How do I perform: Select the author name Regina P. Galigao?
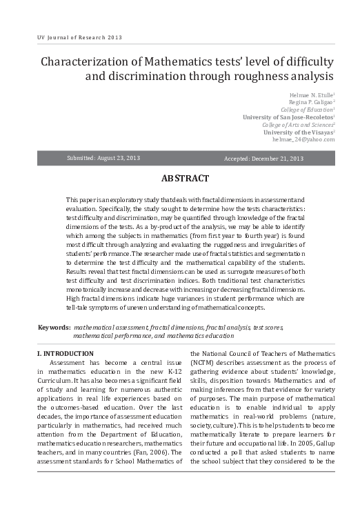[x=310, y=101]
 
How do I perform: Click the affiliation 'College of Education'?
[x=306, y=109]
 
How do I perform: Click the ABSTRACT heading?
[x=185, y=179]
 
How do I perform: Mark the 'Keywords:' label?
[x=54, y=326]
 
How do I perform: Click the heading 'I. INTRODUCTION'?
[x=65, y=354]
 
